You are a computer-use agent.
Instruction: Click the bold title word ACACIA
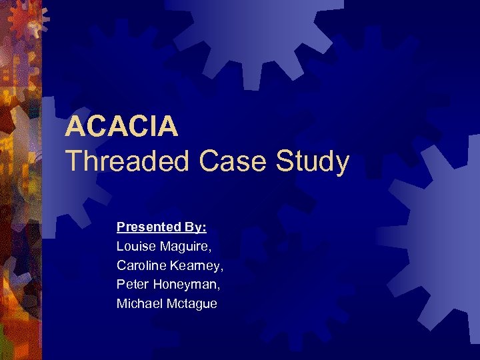click(121, 126)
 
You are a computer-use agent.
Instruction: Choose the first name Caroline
click(139, 265)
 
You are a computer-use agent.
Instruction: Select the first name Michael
click(137, 304)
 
